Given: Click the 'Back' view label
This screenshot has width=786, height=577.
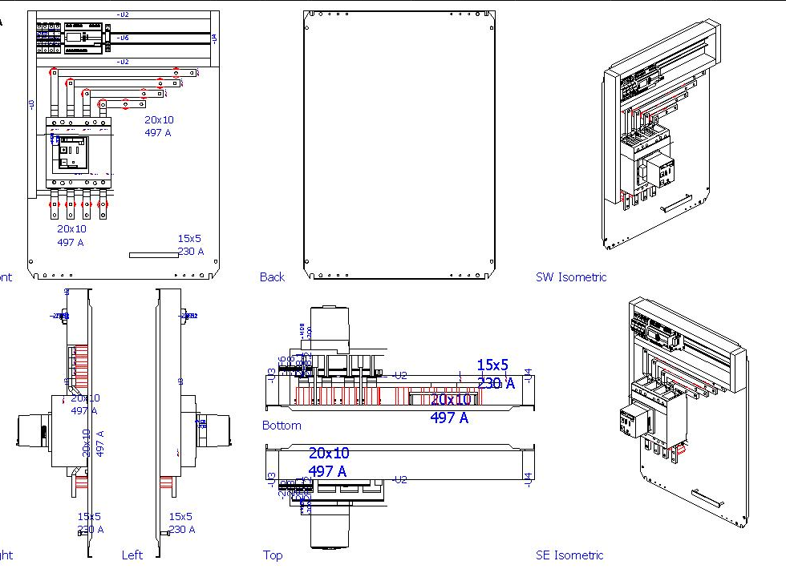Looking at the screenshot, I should click(272, 277).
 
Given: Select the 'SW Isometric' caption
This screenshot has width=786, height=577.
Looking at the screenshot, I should click(570, 277).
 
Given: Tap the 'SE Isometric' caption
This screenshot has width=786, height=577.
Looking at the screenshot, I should click(569, 555).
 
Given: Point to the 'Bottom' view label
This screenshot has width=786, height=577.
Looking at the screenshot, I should click(282, 426).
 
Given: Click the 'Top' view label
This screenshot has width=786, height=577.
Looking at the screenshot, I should click(273, 555).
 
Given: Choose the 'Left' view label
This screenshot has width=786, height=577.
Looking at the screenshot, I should click(132, 555).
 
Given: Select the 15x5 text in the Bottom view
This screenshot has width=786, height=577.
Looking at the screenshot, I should click(492, 365).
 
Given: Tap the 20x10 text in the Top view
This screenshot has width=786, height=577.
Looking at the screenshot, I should click(329, 454).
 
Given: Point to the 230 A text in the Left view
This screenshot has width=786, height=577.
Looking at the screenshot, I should click(182, 530).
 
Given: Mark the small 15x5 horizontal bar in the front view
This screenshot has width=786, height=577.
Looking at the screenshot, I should click(153, 255).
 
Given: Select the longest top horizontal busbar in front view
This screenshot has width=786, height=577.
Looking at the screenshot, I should click(124, 73).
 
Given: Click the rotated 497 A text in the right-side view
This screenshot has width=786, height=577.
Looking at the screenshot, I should click(100, 443).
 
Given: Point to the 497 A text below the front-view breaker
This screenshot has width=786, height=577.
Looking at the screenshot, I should click(70, 242).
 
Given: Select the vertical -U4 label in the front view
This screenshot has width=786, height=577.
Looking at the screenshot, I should click(213, 38).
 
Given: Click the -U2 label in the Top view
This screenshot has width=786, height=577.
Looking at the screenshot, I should click(400, 479).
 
